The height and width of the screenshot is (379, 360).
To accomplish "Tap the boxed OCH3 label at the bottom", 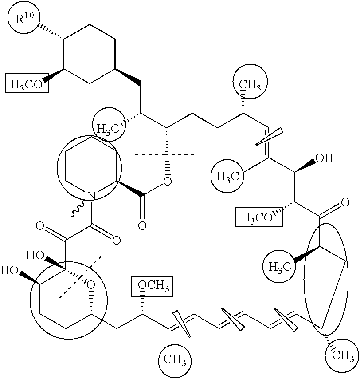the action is [x=152, y=286].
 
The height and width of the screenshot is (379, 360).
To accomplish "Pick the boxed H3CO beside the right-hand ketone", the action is [x=259, y=217].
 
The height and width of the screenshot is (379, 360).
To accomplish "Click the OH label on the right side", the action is [x=325, y=158].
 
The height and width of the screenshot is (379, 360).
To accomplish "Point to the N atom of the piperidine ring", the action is [x=91, y=195].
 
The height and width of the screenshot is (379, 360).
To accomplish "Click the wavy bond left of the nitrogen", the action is [x=78, y=208].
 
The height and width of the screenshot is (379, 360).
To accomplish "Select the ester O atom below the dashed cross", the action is [x=167, y=181].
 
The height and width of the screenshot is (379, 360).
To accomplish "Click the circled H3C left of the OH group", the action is [x=228, y=176].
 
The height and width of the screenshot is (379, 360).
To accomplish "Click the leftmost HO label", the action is [x=9, y=270].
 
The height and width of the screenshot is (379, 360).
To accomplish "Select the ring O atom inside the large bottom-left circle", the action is [x=91, y=284].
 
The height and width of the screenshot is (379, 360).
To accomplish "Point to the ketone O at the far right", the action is [x=345, y=202].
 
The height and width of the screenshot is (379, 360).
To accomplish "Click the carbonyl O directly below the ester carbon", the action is [x=142, y=226].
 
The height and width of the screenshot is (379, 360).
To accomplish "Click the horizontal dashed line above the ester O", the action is [x=164, y=154].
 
